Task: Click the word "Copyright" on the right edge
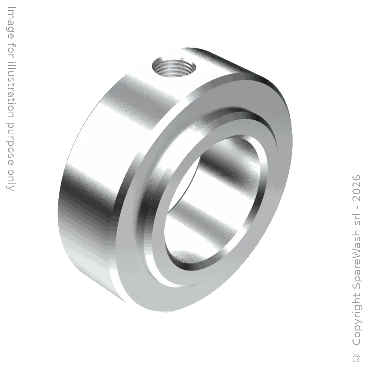[356, 320]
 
